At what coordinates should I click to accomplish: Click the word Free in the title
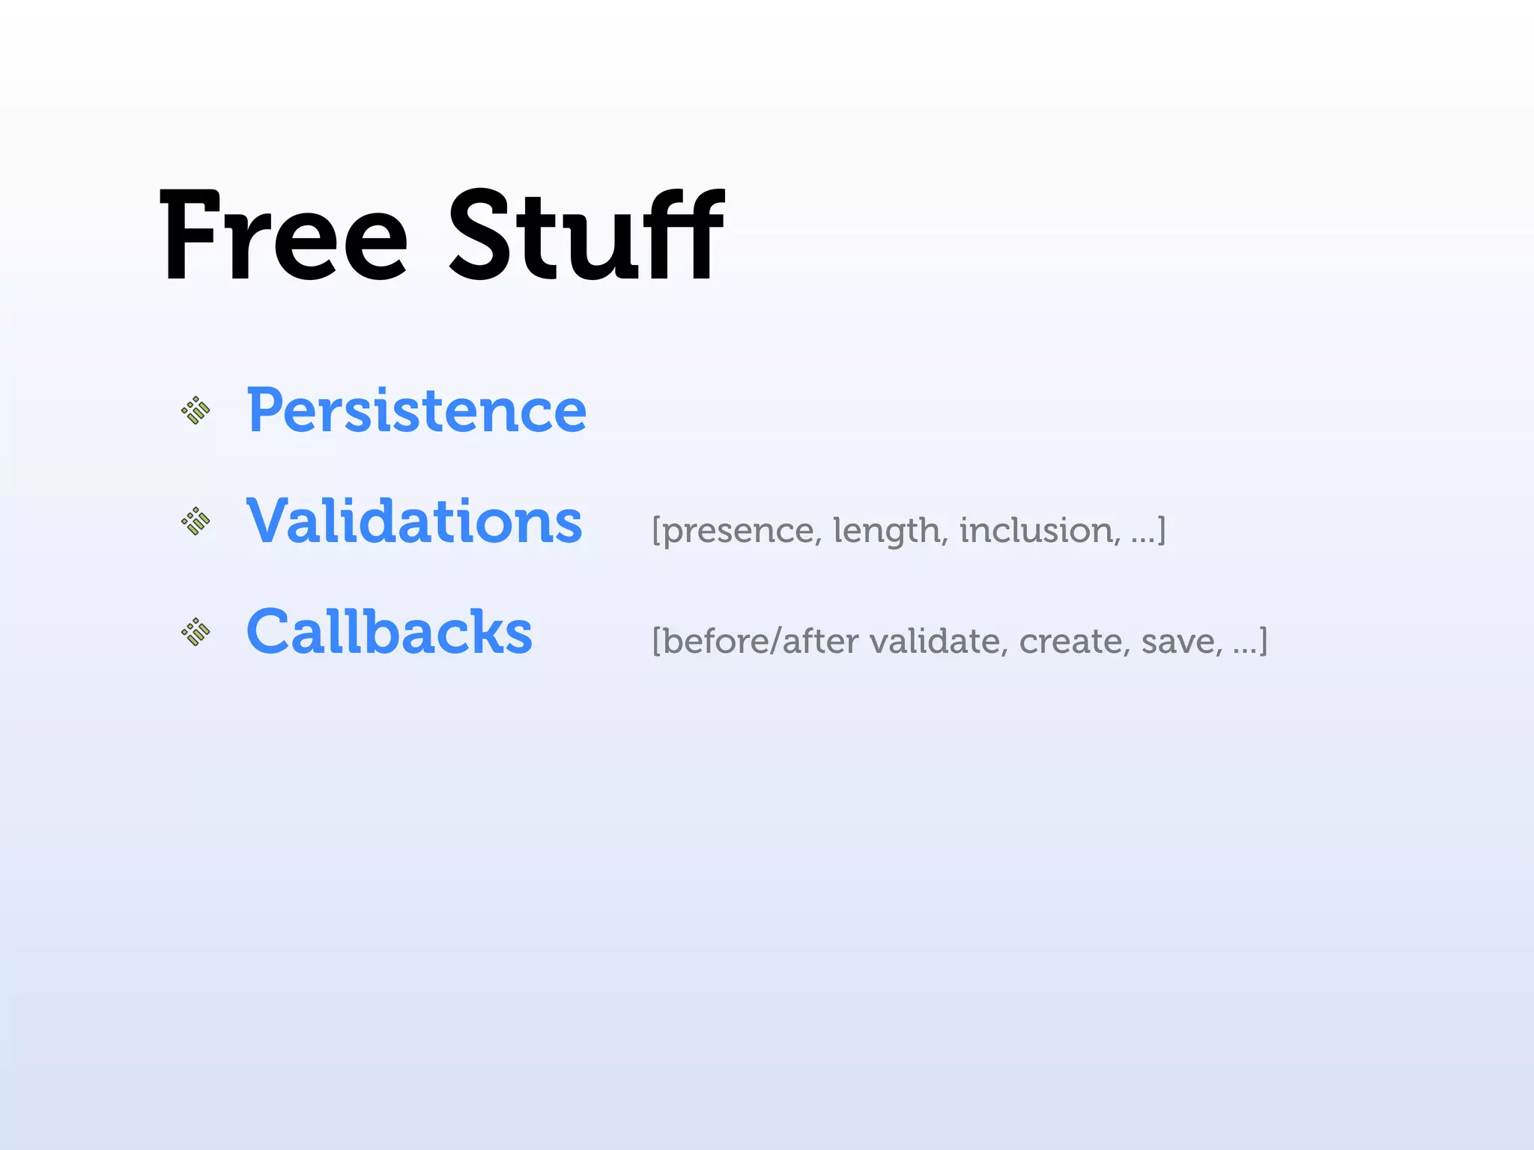(x=283, y=236)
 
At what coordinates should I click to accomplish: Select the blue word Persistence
(x=416, y=410)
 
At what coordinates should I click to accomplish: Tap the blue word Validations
(x=414, y=521)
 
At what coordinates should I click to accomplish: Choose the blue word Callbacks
(x=389, y=632)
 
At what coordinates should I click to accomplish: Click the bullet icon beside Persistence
(x=196, y=410)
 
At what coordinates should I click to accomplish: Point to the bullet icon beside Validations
(x=196, y=521)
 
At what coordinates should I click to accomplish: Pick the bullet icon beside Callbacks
(x=196, y=632)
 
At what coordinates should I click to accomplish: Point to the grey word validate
(x=939, y=641)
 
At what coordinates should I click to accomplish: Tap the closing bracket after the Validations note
(x=1162, y=530)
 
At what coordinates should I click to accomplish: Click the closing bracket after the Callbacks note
(x=1264, y=641)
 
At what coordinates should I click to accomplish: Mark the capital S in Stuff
(x=479, y=236)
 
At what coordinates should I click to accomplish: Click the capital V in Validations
(x=271, y=521)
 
